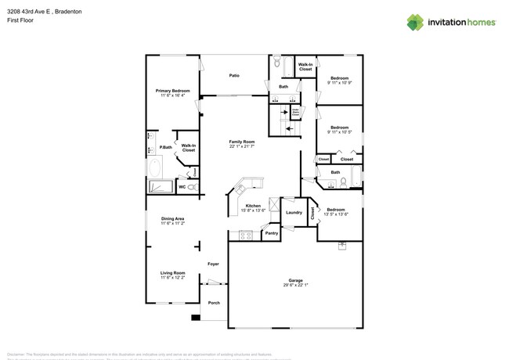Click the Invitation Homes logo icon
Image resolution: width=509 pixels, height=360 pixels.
coord(415,22)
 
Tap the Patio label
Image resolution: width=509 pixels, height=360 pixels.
coord(234,76)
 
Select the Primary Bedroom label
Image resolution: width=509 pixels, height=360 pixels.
coord(172,91)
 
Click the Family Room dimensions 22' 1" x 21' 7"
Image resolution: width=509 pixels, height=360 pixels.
coord(241,146)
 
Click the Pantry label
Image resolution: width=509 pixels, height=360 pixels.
coord(271,233)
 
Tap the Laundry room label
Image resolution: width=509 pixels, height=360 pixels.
coord(294,213)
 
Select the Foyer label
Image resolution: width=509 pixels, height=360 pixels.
coord(213,264)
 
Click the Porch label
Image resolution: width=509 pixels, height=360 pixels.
coord(213,303)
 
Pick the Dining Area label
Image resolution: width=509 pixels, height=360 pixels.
coord(172,218)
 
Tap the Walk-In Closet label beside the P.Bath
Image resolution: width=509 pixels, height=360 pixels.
coord(188,147)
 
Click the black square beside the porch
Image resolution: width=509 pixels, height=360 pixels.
coord(195,318)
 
